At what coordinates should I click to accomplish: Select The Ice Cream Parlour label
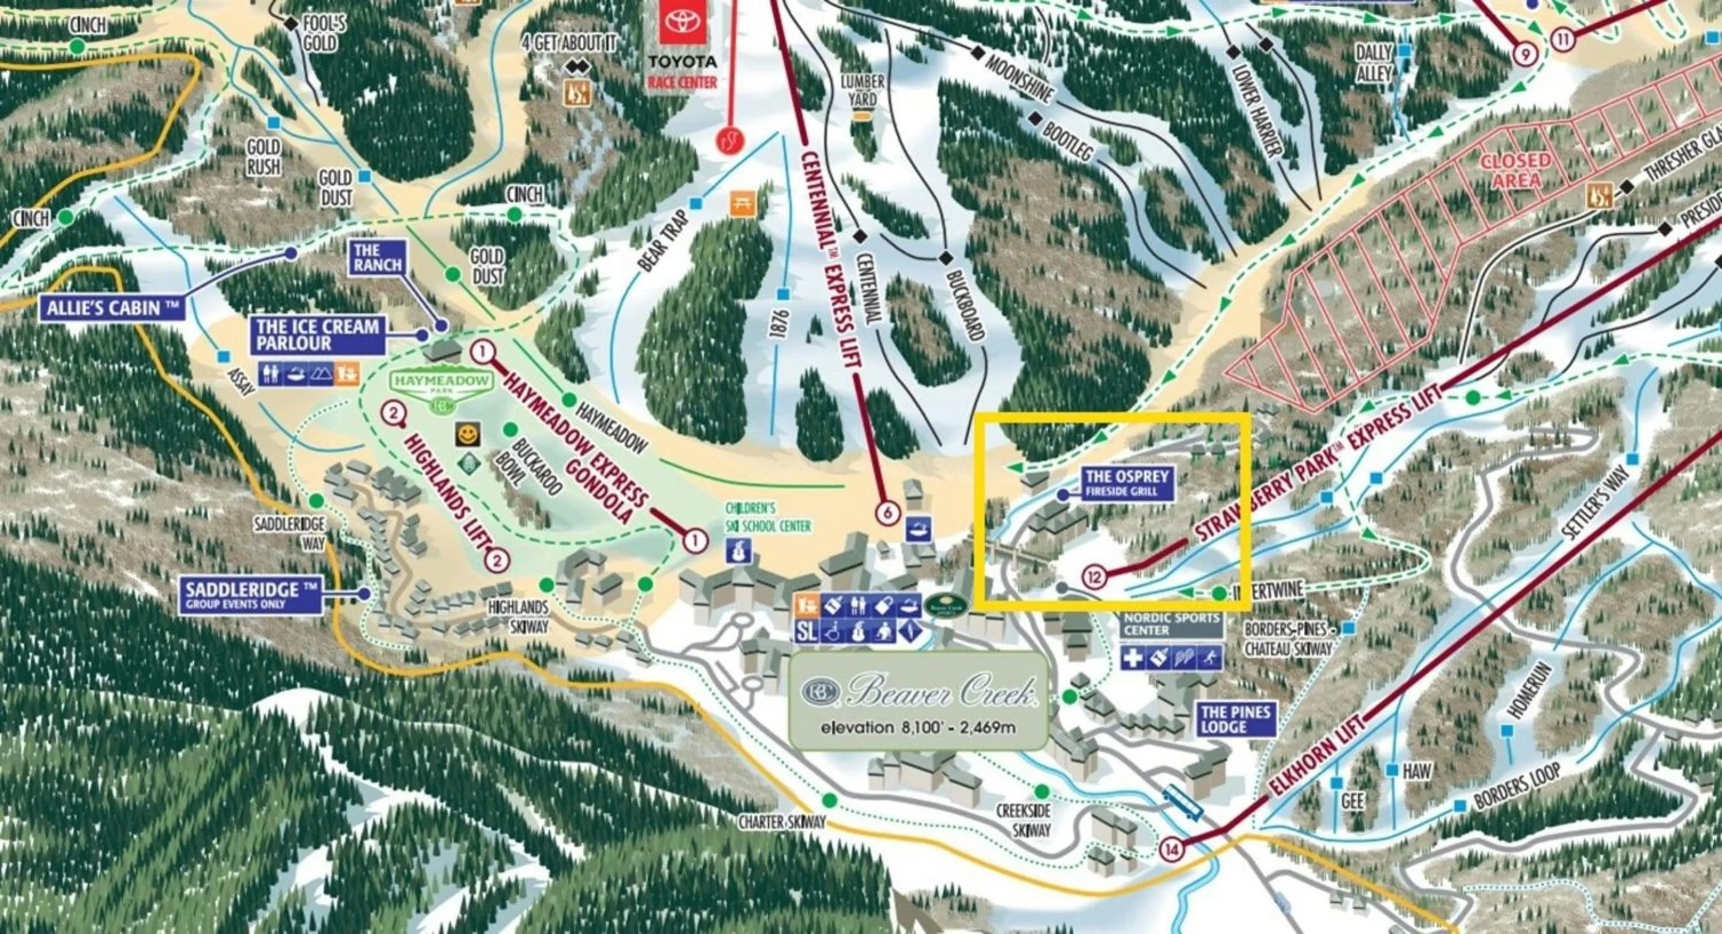pos(318,335)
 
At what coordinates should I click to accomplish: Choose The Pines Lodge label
pos(1235,719)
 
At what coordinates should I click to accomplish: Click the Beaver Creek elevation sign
pos(918,700)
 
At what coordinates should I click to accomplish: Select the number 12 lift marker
pos(1094,576)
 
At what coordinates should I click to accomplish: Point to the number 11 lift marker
pos(1563,39)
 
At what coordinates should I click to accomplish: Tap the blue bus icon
pos(1182,801)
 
